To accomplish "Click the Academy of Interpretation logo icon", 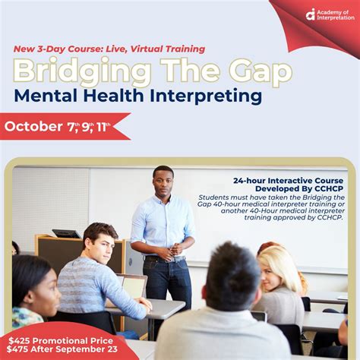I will [x=311, y=14].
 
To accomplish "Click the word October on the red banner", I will [x=33, y=126].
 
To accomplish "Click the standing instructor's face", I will [x=163, y=182].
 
